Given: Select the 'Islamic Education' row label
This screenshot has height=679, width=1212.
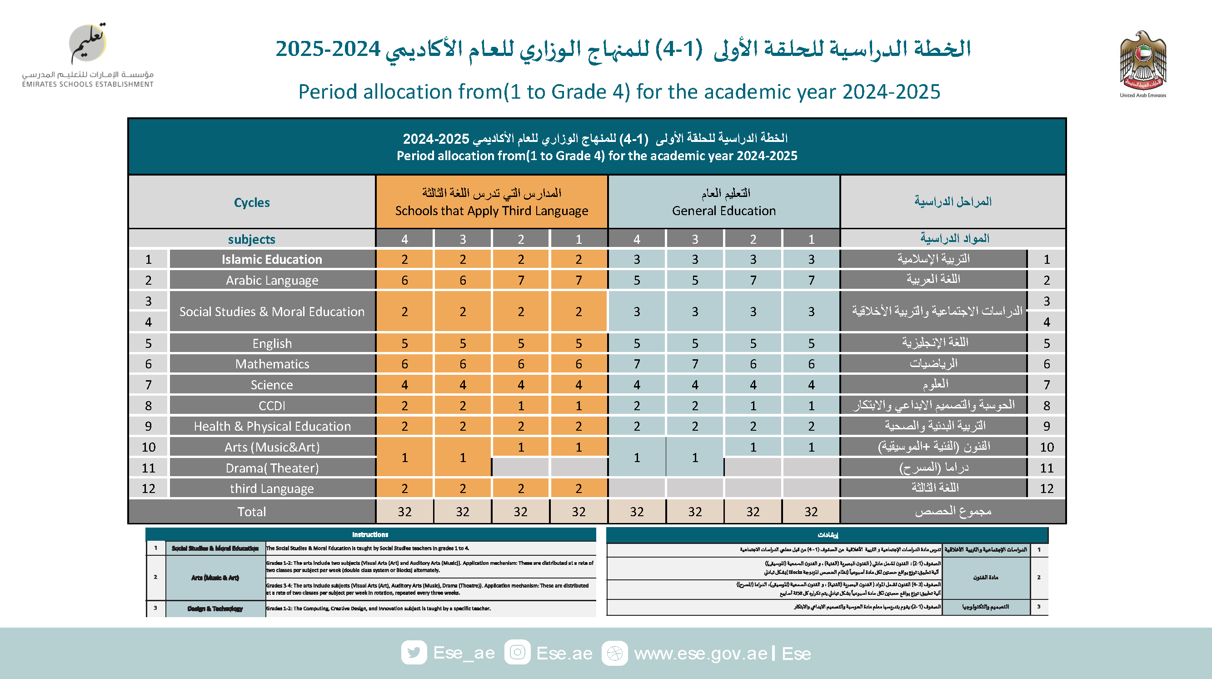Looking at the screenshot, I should [272, 259].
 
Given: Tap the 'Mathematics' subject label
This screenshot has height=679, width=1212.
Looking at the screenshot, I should [272, 364].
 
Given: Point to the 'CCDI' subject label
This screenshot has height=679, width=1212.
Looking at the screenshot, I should [272, 405].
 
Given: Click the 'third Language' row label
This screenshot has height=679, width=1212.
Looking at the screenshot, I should [272, 488].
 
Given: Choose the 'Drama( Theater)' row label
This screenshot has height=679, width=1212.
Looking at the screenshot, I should [272, 468].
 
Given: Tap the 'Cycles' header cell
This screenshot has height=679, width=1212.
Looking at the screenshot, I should [252, 202].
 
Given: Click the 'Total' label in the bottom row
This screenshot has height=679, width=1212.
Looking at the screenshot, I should [252, 512].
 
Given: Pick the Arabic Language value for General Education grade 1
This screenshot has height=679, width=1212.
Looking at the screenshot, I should [811, 280].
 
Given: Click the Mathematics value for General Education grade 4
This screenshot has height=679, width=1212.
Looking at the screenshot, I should [637, 364].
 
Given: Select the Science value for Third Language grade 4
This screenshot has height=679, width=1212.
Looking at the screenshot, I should [404, 385].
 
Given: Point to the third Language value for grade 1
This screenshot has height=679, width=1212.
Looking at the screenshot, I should [579, 488].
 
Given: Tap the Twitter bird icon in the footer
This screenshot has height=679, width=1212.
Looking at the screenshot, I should [414, 653].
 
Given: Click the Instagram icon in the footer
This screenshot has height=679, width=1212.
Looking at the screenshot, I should [518, 653].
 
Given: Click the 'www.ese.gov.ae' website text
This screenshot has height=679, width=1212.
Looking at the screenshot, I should [701, 654].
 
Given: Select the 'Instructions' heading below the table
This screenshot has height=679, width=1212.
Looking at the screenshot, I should [370, 534].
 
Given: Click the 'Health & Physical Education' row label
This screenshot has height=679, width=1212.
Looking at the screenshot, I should [272, 426].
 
